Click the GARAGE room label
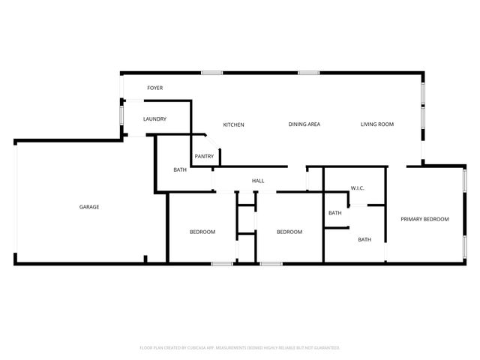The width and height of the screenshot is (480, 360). click(x=90, y=207)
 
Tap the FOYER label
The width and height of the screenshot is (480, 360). click(x=155, y=88)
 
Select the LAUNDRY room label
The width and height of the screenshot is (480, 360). click(x=154, y=119)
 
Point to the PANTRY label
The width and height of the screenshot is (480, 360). click(x=204, y=156)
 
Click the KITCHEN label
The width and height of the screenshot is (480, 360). click(x=233, y=124)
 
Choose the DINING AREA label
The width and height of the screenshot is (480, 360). click(x=304, y=124)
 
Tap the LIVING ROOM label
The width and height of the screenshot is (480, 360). click(x=376, y=124)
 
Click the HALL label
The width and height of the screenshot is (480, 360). click(x=258, y=181)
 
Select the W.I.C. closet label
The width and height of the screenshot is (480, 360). click(x=358, y=188)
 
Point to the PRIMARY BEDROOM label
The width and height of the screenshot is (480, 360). click(x=424, y=219)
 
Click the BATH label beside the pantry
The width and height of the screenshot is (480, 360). click(x=180, y=170)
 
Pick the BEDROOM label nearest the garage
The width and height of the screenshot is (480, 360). click(x=202, y=232)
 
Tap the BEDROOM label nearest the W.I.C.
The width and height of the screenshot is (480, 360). click(x=289, y=232)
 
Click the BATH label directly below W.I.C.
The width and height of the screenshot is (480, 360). click(x=334, y=213)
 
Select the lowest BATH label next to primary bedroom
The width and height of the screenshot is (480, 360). click(x=364, y=240)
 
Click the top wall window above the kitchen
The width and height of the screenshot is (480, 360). click(x=211, y=73)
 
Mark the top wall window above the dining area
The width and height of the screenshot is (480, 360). click(x=308, y=73)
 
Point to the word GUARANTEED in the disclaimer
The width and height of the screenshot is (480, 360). click(x=323, y=348)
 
